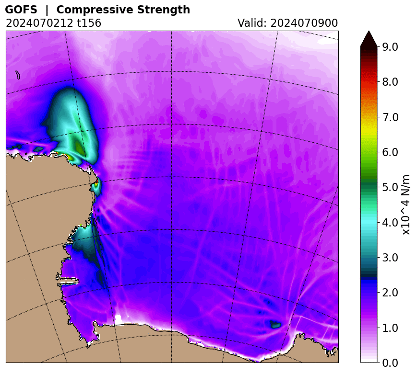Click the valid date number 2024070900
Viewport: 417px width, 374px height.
point(305,23)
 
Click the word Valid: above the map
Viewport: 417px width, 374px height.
point(253,23)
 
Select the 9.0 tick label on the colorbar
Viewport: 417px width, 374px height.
point(390,46)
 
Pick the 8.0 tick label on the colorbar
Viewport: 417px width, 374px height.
point(390,82)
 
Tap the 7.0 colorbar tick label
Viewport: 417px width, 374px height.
point(390,117)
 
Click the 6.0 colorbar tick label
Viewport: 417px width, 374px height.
point(390,152)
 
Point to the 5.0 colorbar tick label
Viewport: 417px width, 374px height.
point(390,187)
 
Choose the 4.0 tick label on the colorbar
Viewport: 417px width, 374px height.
point(390,222)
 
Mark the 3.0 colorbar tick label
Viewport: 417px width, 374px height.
point(390,257)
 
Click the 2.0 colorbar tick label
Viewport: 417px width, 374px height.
point(390,293)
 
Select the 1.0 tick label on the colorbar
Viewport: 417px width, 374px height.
point(390,328)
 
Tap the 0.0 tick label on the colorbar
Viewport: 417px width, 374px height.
point(390,363)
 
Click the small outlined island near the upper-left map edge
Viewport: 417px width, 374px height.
point(18,75)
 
